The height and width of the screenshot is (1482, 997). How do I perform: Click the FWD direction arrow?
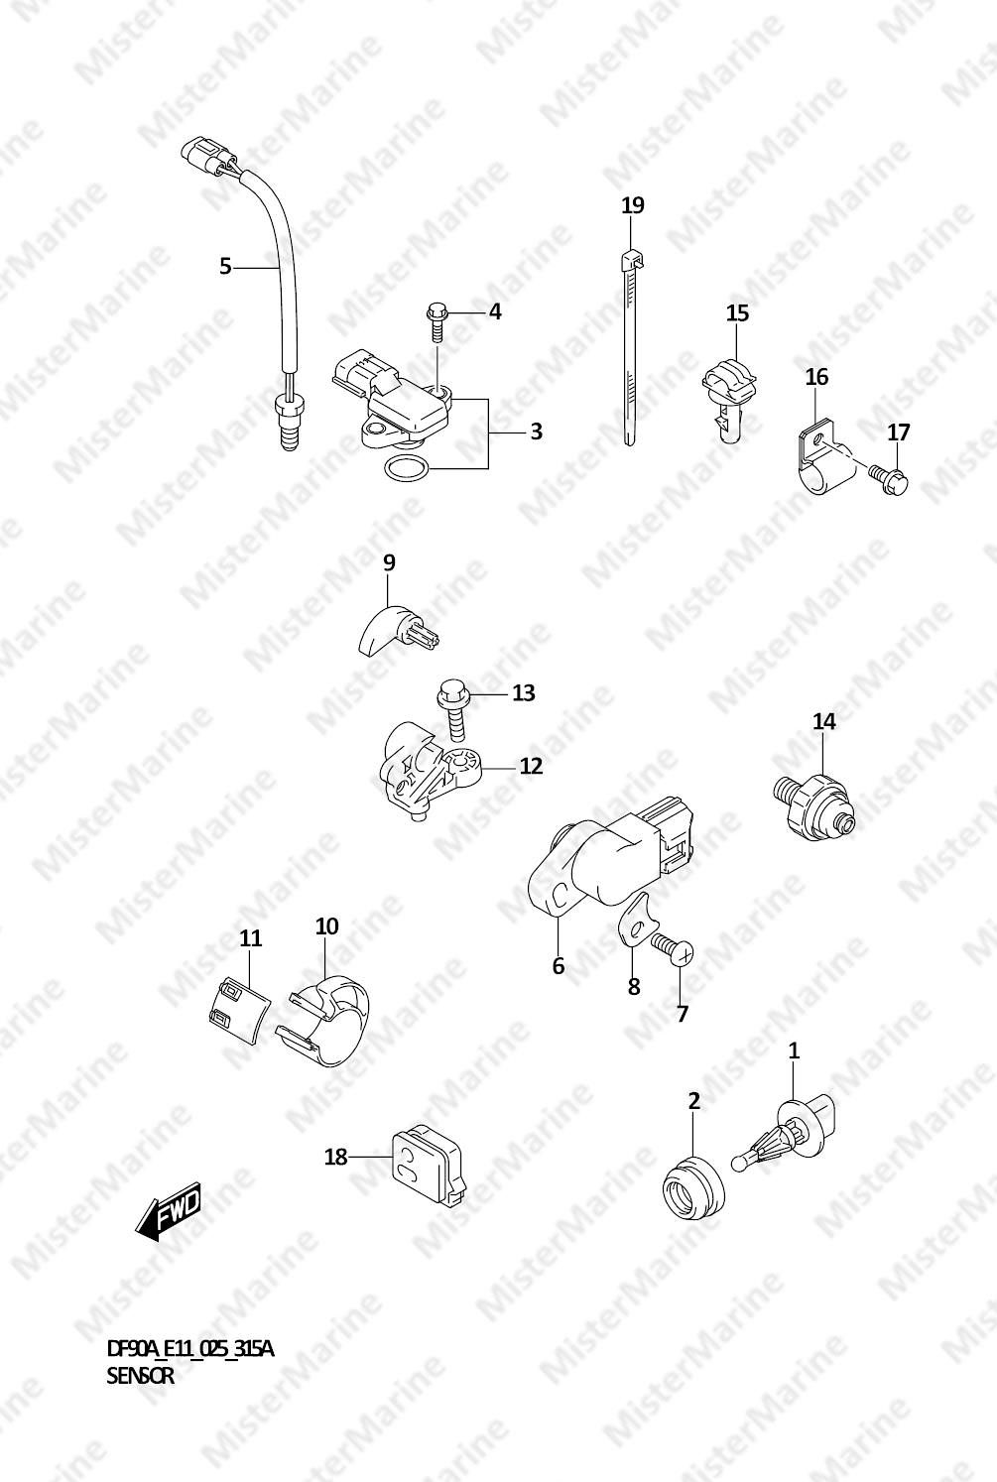click(x=168, y=1211)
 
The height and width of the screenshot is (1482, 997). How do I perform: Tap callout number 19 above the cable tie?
click(x=633, y=205)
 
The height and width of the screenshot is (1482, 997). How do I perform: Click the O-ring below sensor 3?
click(x=407, y=468)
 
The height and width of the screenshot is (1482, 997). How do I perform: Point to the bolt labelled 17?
click(x=888, y=477)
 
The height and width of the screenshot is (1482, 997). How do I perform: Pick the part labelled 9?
click(x=396, y=630)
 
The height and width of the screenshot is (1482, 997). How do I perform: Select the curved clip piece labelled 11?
click(x=237, y=1010)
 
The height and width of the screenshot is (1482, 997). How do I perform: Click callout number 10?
click(x=326, y=926)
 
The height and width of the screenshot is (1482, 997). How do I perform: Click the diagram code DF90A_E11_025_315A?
click(x=189, y=1348)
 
